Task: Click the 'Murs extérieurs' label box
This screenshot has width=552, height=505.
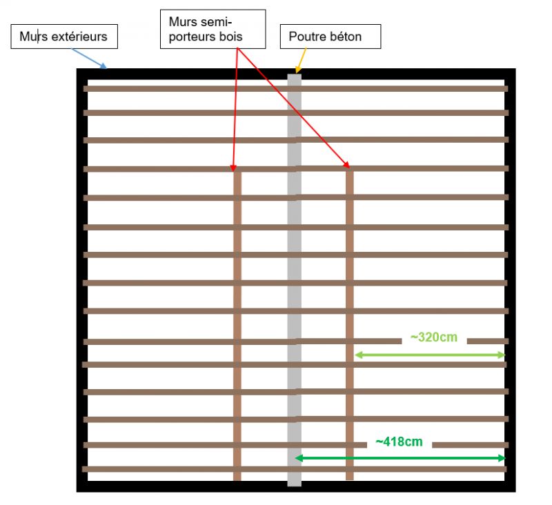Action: (64, 37)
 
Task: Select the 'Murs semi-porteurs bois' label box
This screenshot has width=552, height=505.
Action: (213, 29)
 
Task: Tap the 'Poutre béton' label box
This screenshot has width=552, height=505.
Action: (331, 37)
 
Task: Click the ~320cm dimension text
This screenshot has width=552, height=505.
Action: (434, 337)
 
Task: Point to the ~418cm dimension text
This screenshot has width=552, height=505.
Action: (399, 442)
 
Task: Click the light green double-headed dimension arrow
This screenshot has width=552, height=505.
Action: (430, 355)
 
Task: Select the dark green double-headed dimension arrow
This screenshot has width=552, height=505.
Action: (400, 458)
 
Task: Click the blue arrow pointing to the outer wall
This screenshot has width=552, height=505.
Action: (89, 59)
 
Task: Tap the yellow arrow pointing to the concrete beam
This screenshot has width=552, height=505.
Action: (301, 61)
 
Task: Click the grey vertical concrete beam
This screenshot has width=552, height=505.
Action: (295, 280)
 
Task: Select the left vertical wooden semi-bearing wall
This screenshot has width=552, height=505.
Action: (237, 326)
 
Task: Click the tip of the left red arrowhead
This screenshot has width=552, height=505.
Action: (233, 171)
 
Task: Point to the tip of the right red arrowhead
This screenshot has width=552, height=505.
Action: (349, 168)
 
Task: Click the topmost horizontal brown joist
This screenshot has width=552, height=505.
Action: (296, 89)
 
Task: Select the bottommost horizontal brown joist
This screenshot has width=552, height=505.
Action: (295, 469)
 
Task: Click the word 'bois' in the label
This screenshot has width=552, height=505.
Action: (232, 37)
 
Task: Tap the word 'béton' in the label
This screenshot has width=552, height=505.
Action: (348, 37)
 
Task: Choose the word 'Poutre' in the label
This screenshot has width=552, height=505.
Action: (309, 37)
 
